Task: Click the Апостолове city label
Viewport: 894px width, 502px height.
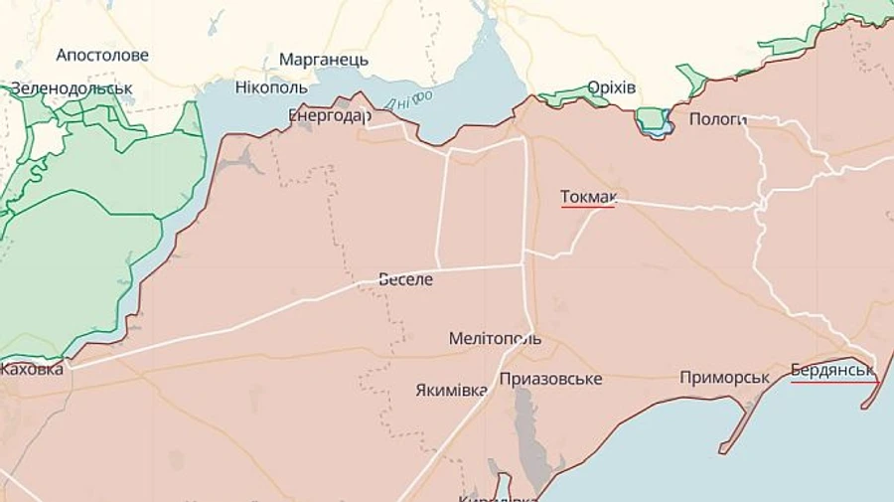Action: coord(102,56)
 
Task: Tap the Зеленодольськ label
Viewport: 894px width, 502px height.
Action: coord(72,88)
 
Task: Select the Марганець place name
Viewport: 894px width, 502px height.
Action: coord(323,60)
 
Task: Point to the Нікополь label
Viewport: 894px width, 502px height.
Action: coord(271,87)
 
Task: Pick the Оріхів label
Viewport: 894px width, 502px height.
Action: coord(611,88)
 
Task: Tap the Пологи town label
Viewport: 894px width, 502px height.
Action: coord(717,119)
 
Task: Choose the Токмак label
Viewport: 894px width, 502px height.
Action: coord(588,197)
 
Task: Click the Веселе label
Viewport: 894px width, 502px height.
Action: coord(406,279)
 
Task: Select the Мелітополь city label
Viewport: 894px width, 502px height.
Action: coord(495,339)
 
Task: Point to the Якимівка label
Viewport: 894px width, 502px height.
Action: coord(451,391)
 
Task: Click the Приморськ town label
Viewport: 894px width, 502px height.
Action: coord(725,378)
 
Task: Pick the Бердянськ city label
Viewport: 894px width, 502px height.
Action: coord(832,371)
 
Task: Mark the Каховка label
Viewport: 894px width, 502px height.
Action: coord(32,370)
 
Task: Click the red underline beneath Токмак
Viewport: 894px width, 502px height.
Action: coord(588,208)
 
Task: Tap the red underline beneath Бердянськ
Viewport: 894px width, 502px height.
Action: coord(834,382)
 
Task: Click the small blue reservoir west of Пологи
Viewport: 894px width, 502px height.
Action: coord(654,121)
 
